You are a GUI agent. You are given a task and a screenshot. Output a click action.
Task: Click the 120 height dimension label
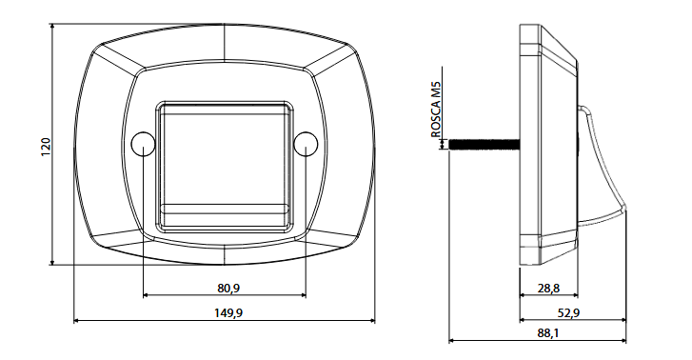[x=47, y=147]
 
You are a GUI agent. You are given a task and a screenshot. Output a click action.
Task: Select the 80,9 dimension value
[x=228, y=289]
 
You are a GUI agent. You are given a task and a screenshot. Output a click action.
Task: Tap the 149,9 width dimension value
[x=228, y=313]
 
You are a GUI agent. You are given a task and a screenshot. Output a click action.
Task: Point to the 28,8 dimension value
[x=548, y=289]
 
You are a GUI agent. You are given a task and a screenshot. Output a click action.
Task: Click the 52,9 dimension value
[x=568, y=313]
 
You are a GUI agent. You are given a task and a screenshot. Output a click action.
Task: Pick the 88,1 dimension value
[x=548, y=333]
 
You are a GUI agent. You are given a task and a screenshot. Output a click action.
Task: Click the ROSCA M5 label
[x=436, y=109]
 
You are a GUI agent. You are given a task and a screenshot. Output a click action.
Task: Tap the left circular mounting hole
[x=144, y=144]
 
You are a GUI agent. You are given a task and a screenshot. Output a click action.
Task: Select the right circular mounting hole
[x=306, y=144]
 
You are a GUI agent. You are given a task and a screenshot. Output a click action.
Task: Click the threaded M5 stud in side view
[x=484, y=144]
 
